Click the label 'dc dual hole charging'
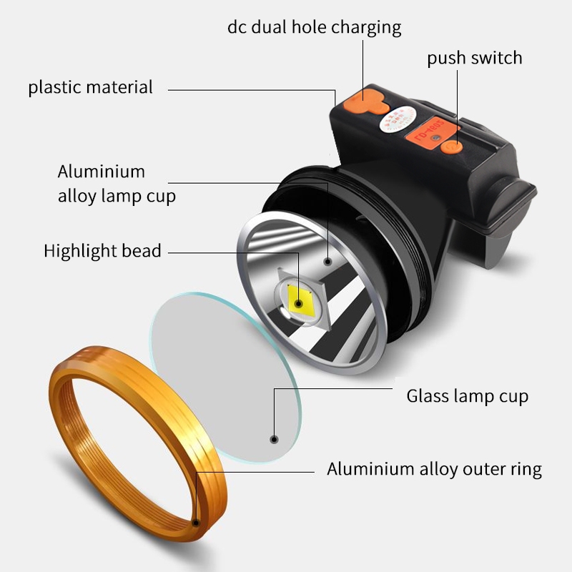coord(314,27)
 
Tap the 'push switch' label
coord(475,58)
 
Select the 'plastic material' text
coord(91,88)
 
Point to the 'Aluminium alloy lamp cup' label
coord(117,184)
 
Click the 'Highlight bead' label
coord(102,251)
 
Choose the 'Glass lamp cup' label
coord(468,395)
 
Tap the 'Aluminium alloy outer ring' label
coord(434,469)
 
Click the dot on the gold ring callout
coord(195,521)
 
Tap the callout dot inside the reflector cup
coord(328,261)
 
